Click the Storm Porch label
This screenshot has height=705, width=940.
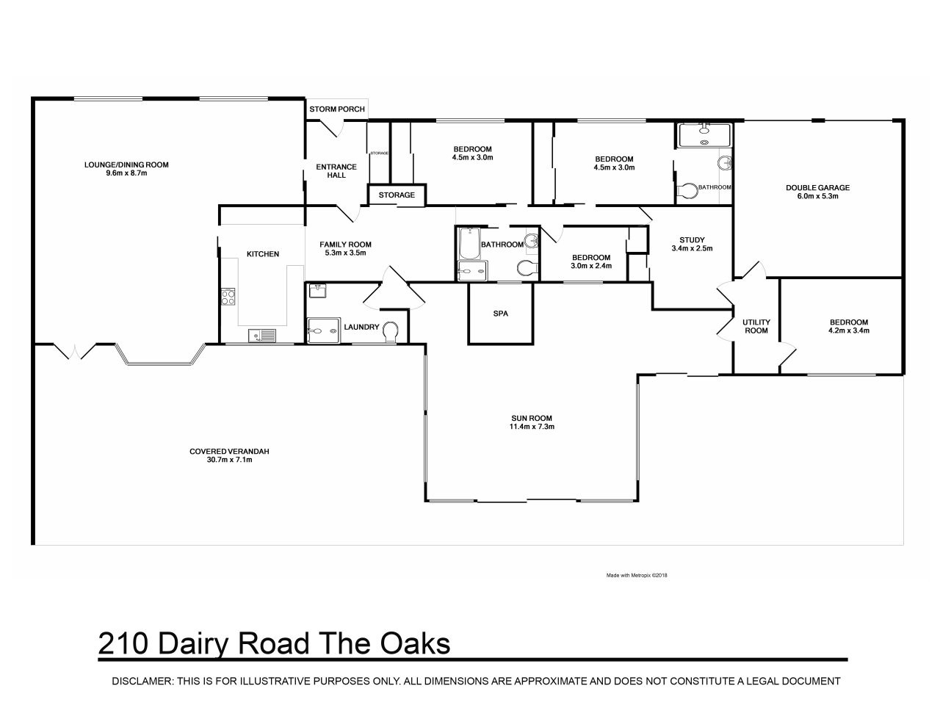(337, 109)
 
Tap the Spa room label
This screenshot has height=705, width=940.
(501, 314)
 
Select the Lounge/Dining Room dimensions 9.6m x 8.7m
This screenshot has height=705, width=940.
(126, 173)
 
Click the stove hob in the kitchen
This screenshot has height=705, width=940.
(228, 297)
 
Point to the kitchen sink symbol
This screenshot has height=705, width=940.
(261, 336)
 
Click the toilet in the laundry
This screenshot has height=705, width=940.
(391, 332)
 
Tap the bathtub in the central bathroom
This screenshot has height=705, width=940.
(469, 243)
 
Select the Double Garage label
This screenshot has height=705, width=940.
(817, 187)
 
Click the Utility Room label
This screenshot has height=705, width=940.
(756, 326)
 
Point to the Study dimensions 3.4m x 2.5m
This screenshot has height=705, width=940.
(692, 248)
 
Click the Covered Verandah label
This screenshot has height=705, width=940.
(229, 451)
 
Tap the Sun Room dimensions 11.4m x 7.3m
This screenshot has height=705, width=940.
(532, 427)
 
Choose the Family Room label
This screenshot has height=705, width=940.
(345, 245)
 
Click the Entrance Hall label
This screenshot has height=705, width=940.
(336, 171)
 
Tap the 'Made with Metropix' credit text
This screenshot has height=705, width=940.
(637, 575)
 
